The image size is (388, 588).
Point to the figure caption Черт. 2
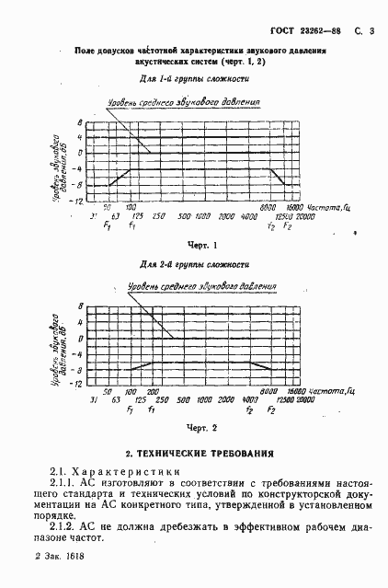(x=200, y=427)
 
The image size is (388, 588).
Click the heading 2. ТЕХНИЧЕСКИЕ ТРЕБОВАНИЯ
(x=200, y=453)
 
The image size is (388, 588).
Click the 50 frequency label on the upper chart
(x=107, y=207)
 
